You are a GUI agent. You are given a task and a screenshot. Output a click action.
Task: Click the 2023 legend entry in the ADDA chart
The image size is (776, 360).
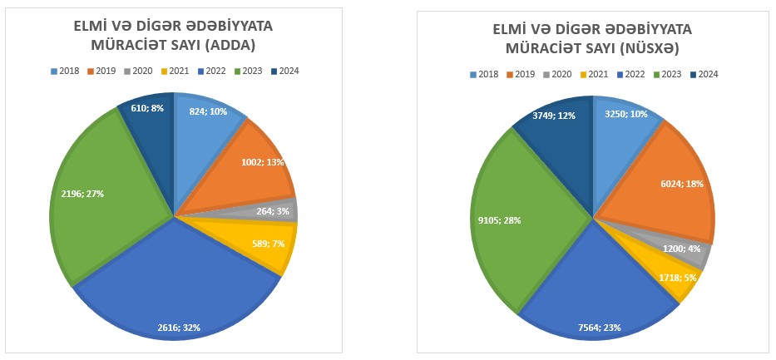click(249, 71)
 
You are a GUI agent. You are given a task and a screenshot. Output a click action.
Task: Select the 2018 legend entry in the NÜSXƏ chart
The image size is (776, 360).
click(484, 74)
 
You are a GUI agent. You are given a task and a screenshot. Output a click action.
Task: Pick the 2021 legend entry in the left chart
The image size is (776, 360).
click(176, 71)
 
